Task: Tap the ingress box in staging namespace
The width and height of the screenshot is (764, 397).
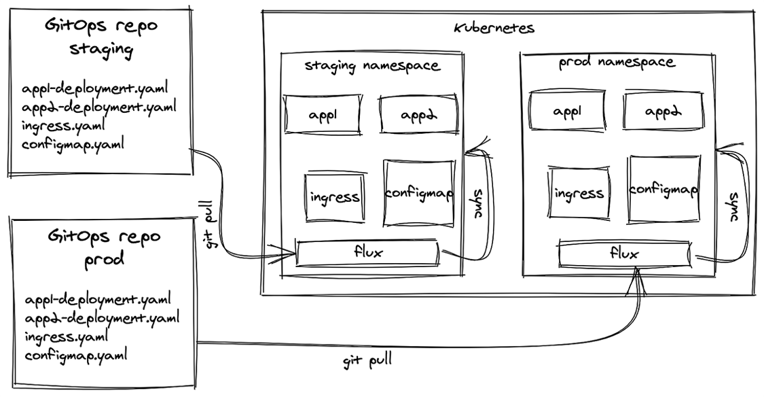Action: tap(333, 197)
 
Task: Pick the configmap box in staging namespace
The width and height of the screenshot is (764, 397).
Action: tap(419, 193)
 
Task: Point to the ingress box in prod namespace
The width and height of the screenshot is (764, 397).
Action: tap(579, 193)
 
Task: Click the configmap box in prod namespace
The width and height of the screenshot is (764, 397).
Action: tap(663, 190)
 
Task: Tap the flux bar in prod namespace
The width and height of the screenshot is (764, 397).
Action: tap(625, 254)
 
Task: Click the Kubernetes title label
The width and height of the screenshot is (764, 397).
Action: tap(494, 29)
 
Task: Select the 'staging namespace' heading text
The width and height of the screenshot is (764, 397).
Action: tap(371, 66)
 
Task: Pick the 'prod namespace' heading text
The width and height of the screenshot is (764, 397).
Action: tap(617, 63)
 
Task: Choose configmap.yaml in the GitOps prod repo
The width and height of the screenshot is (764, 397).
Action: tap(76, 355)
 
